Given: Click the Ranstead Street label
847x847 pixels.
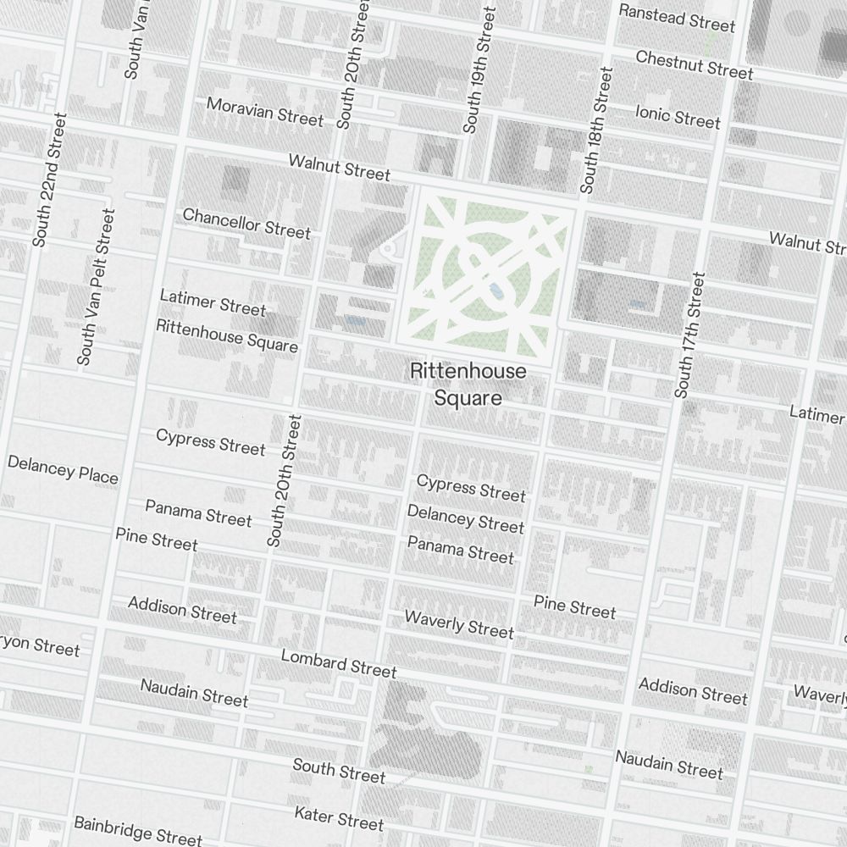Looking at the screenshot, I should [677, 17].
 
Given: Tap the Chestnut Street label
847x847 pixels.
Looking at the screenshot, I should [694, 64].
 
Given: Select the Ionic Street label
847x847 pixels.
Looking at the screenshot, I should [678, 115].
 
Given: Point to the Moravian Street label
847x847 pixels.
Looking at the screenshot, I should [265, 111].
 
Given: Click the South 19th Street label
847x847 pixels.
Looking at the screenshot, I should [478, 70].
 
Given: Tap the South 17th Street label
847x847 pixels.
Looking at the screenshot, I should [690, 335].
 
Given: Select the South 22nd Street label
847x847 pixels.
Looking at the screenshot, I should [48, 180].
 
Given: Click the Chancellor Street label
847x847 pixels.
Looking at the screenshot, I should [246, 223].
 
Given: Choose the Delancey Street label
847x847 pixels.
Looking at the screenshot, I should [466, 519].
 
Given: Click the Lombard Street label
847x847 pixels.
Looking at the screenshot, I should [339, 663].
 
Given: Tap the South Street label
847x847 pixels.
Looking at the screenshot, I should [339, 771].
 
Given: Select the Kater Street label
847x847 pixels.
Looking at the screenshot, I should [339, 818].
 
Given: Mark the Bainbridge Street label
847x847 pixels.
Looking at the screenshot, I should [138, 830].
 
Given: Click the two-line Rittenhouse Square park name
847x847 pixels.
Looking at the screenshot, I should [468, 385].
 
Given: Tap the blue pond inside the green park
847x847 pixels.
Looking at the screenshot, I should [494, 291].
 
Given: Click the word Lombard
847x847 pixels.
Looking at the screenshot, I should [314, 659].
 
